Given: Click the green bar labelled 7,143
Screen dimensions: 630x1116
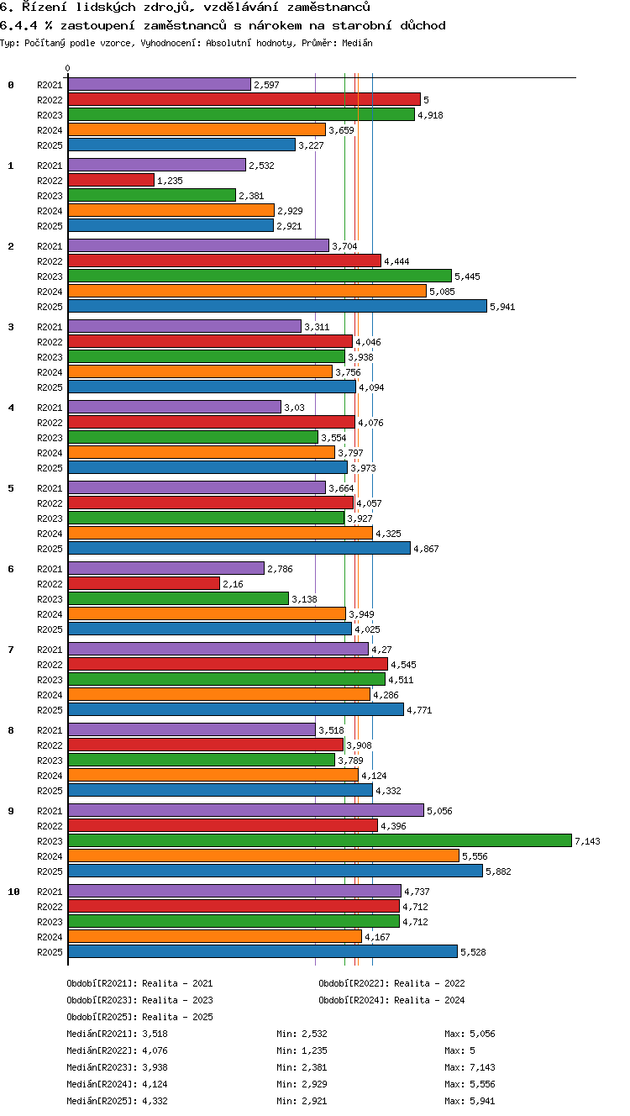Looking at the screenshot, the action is (x=320, y=840).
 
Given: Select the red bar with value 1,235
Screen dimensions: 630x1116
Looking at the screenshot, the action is (x=111, y=180).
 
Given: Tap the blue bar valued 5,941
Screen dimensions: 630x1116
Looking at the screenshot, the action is (x=277, y=306).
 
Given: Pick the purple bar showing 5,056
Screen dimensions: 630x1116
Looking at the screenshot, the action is (x=246, y=810).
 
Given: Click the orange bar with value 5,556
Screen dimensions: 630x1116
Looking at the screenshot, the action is (x=264, y=855).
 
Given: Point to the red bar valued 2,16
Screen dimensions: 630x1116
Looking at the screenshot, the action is (x=144, y=583).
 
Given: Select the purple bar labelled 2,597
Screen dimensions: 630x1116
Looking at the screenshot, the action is (x=160, y=84).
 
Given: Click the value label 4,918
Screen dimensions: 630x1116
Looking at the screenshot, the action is (x=430, y=115).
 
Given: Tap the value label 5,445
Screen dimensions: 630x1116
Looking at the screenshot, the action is (x=467, y=276).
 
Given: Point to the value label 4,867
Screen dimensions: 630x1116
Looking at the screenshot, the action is (x=427, y=549).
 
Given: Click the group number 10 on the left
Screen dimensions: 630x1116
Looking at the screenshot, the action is (x=13, y=892).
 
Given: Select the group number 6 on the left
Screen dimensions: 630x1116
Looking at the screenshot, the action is (x=11, y=568).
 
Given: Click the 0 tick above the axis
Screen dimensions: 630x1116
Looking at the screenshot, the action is (x=68, y=68).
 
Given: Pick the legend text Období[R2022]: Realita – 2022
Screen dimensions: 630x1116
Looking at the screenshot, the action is (x=391, y=983).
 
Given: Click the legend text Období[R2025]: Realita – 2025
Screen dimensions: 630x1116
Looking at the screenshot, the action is (x=139, y=1016).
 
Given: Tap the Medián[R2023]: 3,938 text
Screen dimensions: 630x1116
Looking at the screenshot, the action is (x=117, y=1066).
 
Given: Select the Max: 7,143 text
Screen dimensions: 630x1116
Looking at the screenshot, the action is (x=470, y=1066).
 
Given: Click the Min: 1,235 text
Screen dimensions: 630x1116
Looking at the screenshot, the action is (x=302, y=1050).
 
